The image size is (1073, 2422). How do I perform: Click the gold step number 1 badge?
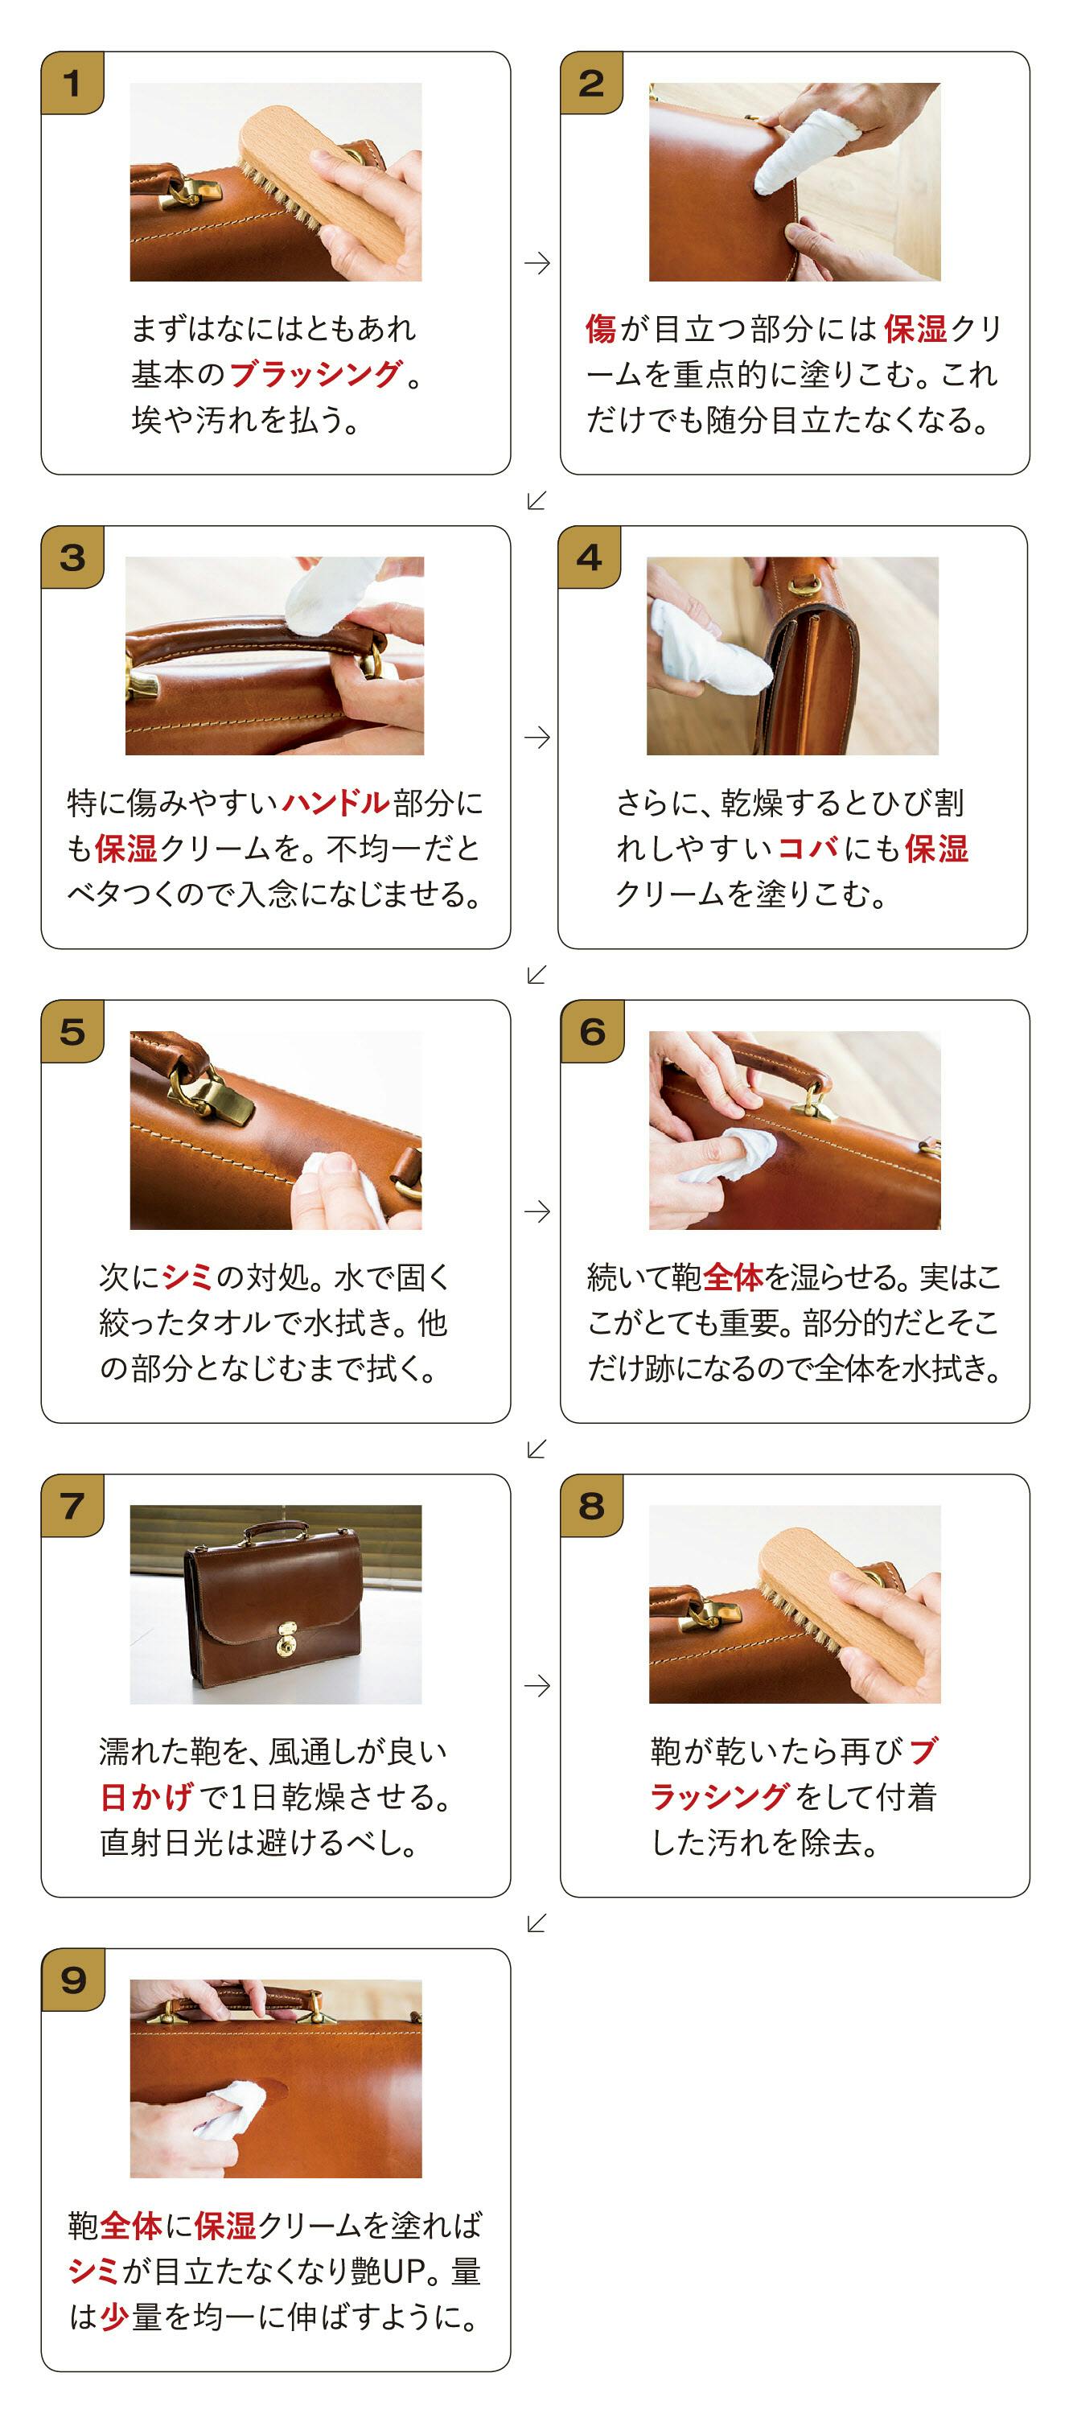click(72, 84)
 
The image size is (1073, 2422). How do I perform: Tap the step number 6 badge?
click(591, 1031)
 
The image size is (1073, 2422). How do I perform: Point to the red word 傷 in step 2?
click(601, 328)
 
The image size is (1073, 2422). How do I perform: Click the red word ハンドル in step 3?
click(335, 802)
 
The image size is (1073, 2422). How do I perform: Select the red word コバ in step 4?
click(808, 848)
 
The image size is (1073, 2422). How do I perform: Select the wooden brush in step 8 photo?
click(845, 1607)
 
